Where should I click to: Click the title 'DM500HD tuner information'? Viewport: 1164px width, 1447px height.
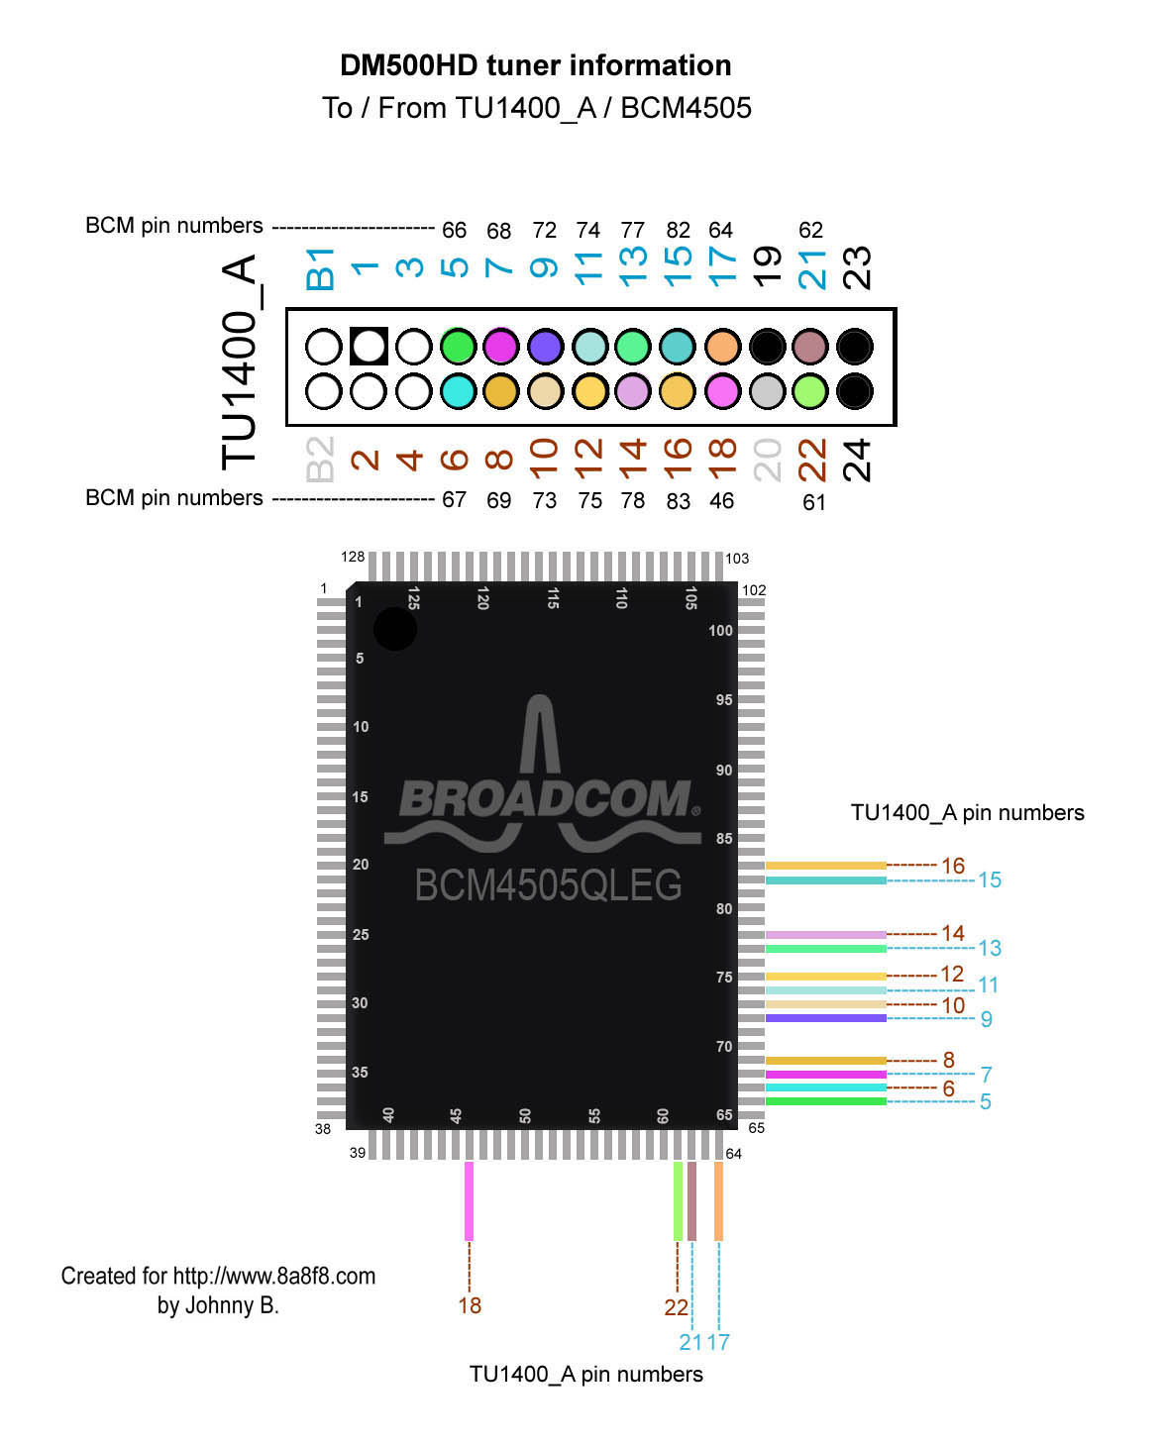(x=535, y=65)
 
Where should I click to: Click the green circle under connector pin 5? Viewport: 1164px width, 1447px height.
(x=458, y=347)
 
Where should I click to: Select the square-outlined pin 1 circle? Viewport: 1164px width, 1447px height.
(x=369, y=347)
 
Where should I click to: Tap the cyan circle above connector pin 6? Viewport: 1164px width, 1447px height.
(x=458, y=391)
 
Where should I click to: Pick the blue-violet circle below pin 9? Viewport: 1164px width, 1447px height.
(x=546, y=347)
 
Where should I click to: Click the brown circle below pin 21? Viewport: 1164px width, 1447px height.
(x=810, y=347)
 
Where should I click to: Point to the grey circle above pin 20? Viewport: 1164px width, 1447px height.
(x=767, y=391)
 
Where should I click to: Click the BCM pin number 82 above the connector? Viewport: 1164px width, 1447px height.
(x=678, y=231)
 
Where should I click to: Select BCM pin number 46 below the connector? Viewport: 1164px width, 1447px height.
(x=721, y=501)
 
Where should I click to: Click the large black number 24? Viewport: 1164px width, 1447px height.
(x=857, y=460)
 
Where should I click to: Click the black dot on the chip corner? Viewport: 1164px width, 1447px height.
(x=395, y=629)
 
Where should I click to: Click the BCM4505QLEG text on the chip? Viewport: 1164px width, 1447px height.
(x=548, y=885)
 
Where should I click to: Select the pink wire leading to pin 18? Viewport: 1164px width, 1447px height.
(x=469, y=1200)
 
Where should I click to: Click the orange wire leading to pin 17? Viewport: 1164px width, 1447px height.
(x=718, y=1200)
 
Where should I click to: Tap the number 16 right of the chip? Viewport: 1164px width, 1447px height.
(x=953, y=866)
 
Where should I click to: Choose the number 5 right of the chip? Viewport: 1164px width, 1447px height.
(x=986, y=1101)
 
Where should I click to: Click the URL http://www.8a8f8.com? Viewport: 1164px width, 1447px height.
(x=274, y=1276)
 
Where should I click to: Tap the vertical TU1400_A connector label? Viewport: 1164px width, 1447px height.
(x=241, y=362)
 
